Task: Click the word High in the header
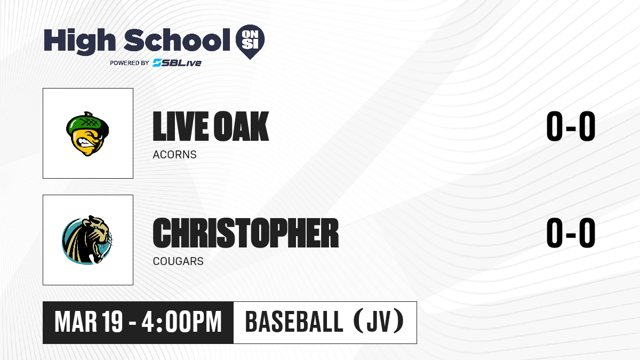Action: [x=79, y=42]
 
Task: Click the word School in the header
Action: [x=177, y=40]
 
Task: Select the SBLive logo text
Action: [x=177, y=62]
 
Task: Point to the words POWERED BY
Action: [x=130, y=63]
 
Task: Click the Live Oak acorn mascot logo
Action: [x=87, y=134]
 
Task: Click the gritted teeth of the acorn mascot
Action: [x=86, y=142]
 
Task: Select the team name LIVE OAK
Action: [x=211, y=126]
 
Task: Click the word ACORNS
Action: [x=174, y=155]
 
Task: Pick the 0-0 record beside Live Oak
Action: [x=571, y=126]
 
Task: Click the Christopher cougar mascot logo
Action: [x=87, y=240]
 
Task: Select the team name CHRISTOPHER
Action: [x=246, y=233]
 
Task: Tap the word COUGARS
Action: [x=178, y=261]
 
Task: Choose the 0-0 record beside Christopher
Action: [x=571, y=233]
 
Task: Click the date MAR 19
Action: [x=89, y=322]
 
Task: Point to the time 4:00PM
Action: [x=182, y=322]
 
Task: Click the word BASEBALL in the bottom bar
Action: [x=294, y=322]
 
